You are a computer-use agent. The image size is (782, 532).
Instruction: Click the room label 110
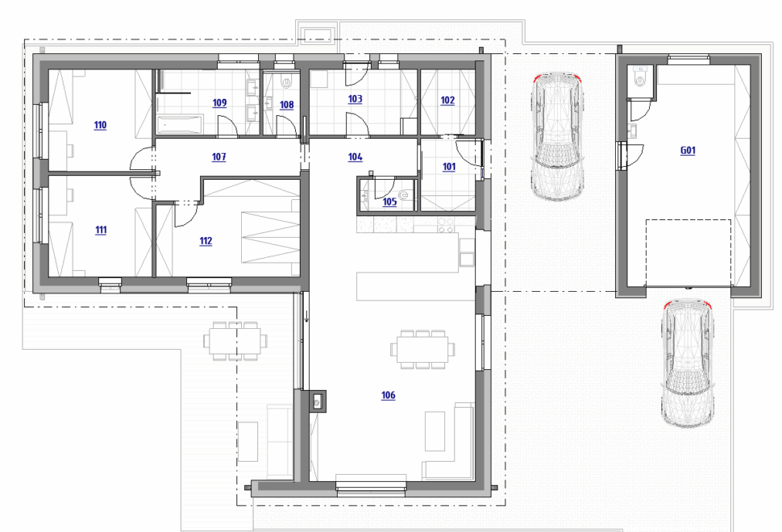pyautogui.click(x=100, y=125)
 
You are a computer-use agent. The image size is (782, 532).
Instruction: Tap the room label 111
pyautogui.click(x=101, y=230)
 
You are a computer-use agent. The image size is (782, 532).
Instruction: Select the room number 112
pyautogui.click(x=206, y=241)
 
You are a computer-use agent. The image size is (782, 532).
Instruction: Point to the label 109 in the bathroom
pyautogui.click(x=219, y=102)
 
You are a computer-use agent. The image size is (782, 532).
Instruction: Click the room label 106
pyautogui.click(x=388, y=396)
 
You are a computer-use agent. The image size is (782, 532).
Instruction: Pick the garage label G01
pyautogui.click(x=688, y=150)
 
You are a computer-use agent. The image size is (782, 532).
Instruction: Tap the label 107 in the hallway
pyautogui.click(x=219, y=156)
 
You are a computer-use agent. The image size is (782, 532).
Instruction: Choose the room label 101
pyautogui.click(x=449, y=167)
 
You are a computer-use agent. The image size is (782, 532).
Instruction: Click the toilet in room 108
pyautogui.click(x=287, y=81)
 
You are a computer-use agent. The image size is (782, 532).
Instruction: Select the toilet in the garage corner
pyautogui.click(x=639, y=77)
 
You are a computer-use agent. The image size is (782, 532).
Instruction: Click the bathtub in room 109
pyautogui.click(x=180, y=124)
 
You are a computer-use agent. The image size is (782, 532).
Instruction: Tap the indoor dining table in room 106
pyautogui.click(x=422, y=349)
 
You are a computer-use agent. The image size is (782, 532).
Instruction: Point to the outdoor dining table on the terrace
pyautogui.click(x=235, y=341)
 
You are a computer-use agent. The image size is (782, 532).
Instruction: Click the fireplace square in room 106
pyautogui.click(x=317, y=401)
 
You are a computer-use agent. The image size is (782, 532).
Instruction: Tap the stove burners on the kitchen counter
pyautogui.click(x=445, y=226)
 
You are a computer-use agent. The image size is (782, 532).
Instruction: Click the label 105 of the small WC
pyautogui.click(x=389, y=202)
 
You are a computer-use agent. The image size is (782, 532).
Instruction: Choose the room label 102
pyautogui.click(x=448, y=100)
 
